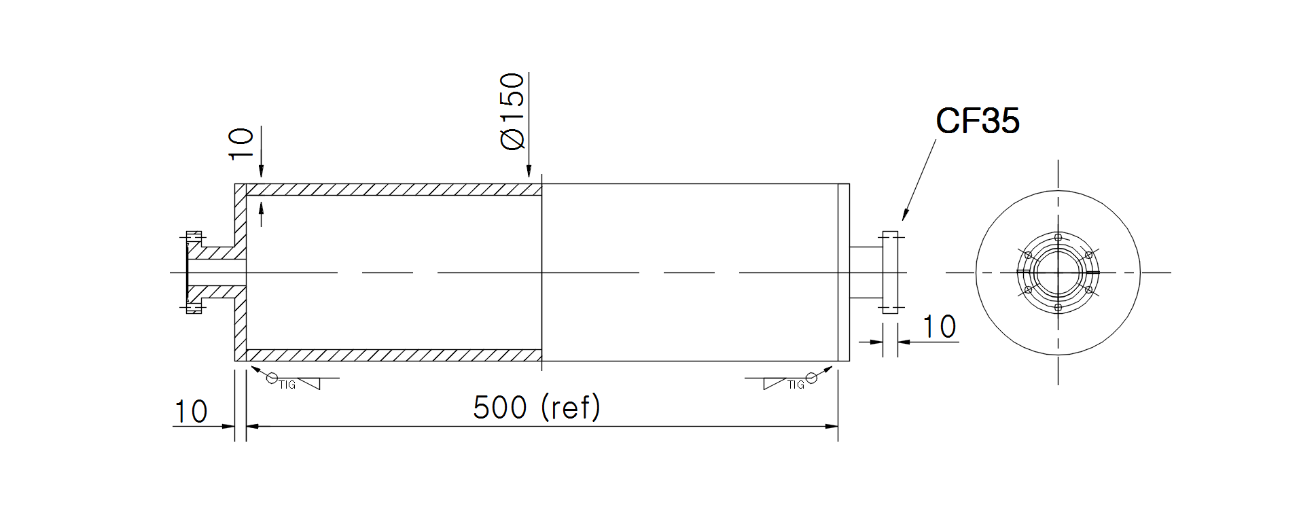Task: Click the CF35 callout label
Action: point(977,121)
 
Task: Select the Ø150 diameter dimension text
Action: point(512,111)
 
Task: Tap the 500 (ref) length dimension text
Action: point(537,407)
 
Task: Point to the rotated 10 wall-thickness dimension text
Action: point(241,143)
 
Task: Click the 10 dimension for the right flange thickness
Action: point(940,327)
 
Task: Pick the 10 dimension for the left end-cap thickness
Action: point(191,412)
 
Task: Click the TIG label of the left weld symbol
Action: point(287,385)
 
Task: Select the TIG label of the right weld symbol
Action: point(796,385)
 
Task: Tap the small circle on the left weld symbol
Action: point(272,378)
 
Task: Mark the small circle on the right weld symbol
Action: point(811,378)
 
